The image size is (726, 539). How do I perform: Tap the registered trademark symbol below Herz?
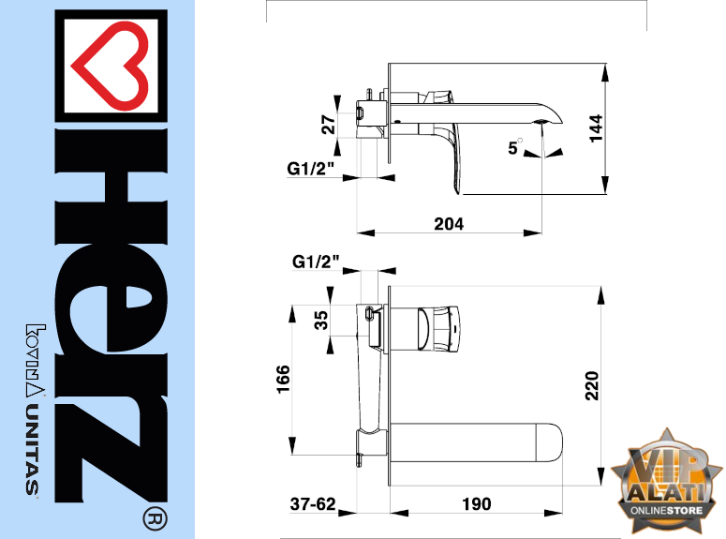(x=156, y=519)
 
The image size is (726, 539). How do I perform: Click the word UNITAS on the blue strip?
(x=33, y=449)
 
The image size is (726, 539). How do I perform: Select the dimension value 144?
(x=597, y=128)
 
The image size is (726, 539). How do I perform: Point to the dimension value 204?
(x=449, y=224)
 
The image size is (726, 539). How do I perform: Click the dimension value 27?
(x=328, y=125)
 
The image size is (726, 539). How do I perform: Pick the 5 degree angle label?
(x=514, y=147)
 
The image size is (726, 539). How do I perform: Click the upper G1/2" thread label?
(x=310, y=168)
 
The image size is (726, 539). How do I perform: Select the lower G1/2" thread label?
(x=316, y=262)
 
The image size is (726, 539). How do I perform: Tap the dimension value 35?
(x=321, y=321)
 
